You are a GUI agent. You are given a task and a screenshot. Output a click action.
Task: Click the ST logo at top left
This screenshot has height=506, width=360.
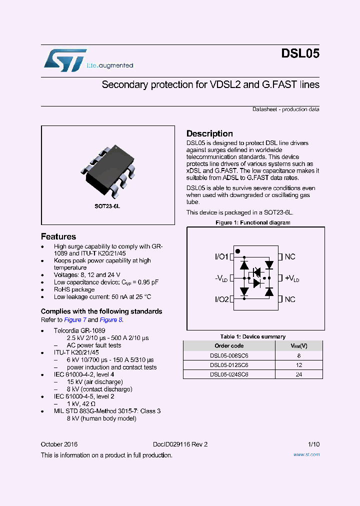(65, 59)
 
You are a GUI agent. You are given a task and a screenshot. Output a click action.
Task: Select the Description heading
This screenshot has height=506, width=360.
(209, 133)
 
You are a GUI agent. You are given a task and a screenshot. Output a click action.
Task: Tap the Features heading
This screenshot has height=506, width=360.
(58, 236)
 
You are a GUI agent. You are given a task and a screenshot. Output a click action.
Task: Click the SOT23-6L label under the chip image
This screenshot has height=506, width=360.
(107, 206)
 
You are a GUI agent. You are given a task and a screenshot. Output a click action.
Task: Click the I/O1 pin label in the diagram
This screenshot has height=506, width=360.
(221, 256)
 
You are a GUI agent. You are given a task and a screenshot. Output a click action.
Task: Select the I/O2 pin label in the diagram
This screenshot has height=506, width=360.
(221, 299)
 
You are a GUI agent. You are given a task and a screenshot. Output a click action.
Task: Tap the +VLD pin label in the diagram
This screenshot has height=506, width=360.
(292, 278)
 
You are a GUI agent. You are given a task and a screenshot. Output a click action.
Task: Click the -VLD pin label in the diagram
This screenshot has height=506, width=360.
(221, 278)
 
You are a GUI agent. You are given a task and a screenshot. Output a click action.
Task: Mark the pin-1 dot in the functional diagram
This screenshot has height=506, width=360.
(237, 251)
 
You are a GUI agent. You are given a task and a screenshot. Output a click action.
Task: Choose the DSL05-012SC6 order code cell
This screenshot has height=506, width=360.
(229, 365)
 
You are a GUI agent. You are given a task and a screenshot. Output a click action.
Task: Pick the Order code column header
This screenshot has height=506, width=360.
(229, 346)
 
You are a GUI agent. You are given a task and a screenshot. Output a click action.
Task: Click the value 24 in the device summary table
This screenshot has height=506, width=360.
(299, 374)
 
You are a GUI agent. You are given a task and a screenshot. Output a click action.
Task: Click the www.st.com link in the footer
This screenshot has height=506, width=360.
(306, 455)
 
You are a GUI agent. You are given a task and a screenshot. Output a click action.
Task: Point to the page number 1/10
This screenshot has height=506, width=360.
(313, 444)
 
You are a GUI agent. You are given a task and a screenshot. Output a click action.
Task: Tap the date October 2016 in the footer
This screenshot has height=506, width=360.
(59, 444)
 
